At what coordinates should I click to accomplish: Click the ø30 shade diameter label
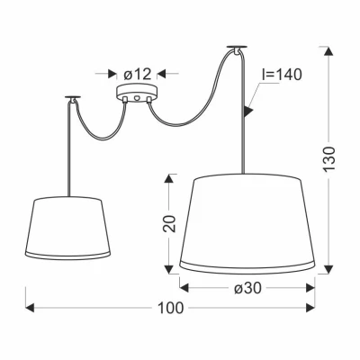pos(249,288)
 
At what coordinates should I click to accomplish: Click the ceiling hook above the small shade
pos(71,96)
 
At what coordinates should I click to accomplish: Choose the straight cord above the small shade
pos(70,144)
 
